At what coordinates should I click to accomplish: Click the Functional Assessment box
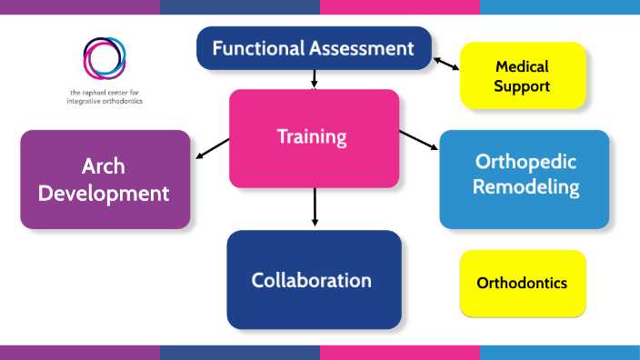(x=314, y=48)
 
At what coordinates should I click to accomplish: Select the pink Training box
(x=314, y=138)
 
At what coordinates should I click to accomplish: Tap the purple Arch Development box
(x=105, y=179)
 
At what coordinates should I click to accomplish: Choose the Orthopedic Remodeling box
(x=524, y=178)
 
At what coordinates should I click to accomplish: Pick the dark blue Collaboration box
(x=314, y=279)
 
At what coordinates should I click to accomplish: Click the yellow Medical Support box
(x=523, y=75)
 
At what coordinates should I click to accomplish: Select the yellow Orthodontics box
(x=523, y=283)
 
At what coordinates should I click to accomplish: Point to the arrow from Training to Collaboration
(x=315, y=206)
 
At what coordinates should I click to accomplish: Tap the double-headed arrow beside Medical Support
(x=445, y=63)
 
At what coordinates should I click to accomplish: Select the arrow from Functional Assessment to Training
(x=314, y=80)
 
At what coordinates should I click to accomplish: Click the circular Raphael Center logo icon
(x=105, y=58)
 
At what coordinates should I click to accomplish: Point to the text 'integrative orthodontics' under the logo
(x=105, y=101)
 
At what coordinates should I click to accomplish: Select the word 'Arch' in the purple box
(x=103, y=166)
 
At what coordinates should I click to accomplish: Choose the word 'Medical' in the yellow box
(x=522, y=66)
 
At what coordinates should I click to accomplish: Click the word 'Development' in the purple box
(x=104, y=193)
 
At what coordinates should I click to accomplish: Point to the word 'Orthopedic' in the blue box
(x=526, y=162)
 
